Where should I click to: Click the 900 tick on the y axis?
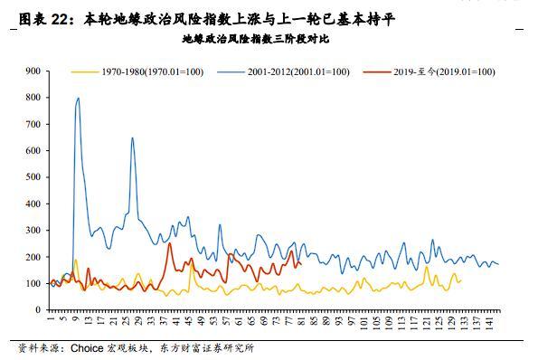coord(33,71)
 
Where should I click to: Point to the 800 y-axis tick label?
coord(33,98)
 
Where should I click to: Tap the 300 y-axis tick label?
coord(33,231)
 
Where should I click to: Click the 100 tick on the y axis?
coord(33,284)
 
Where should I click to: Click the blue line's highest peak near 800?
coord(78,99)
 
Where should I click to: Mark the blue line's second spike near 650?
coord(133,138)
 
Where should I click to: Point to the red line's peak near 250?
coord(169,243)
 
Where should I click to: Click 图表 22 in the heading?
coord(42,18)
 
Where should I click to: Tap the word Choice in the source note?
coord(90,348)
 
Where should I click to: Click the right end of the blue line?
coord(498,264)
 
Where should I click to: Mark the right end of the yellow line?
coord(460,281)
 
